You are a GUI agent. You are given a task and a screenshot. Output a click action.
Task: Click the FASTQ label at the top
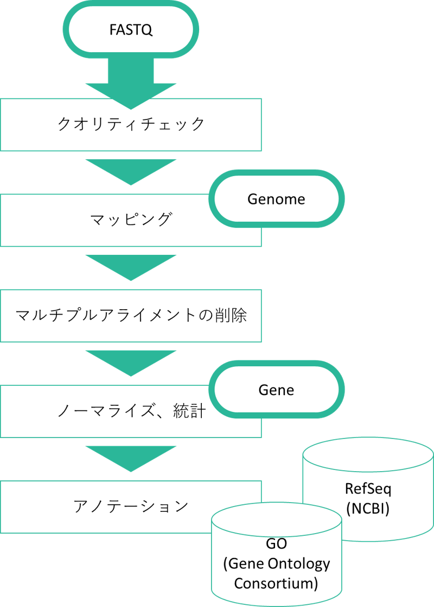point(131,29)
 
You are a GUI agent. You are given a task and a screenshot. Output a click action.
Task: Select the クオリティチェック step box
point(131,124)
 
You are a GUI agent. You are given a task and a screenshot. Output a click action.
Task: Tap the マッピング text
point(131,220)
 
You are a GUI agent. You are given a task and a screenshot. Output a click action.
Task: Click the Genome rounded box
point(276,199)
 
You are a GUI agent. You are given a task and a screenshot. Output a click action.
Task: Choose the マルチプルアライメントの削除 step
point(131,316)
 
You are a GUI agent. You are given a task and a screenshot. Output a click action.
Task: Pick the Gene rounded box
point(276,390)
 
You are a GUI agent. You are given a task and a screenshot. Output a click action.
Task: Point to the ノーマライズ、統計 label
point(131,411)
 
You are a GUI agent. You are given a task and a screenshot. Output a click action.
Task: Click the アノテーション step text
point(131,506)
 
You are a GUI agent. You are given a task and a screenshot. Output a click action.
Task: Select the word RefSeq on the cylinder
point(368,488)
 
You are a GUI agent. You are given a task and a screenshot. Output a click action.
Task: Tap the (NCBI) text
point(368,510)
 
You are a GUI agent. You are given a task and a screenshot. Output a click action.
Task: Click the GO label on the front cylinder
point(276,543)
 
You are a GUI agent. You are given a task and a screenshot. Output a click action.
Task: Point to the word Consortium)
point(276,584)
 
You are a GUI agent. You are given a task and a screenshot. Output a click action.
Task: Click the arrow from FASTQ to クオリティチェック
point(131,82)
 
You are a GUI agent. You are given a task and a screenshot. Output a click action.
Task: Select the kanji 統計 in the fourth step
point(189,411)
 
